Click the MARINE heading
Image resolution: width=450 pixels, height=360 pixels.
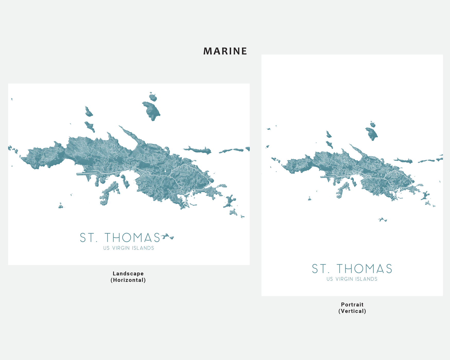pos(225,51)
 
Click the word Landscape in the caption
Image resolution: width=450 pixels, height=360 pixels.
pos(128,274)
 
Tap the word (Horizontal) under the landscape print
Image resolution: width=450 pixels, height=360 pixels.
pos(128,280)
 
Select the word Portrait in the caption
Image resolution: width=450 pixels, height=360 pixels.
pos(352,304)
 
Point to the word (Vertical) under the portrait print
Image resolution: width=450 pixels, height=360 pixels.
pos(352,311)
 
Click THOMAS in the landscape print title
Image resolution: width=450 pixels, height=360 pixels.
pos(132,238)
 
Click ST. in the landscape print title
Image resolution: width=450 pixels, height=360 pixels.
pos(88,238)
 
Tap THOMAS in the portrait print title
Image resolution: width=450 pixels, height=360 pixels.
pos(364,269)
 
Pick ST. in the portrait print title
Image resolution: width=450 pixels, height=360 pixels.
pos(321,269)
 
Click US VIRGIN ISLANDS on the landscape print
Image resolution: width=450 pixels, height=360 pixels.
pos(129,248)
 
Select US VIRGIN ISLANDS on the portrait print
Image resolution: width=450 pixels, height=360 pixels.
pos(352,279)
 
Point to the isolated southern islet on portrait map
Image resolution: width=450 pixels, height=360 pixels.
pos(382,220)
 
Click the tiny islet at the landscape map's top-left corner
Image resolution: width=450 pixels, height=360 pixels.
pos(12,99)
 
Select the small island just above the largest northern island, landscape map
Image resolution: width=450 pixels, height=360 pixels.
pos(153,97)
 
